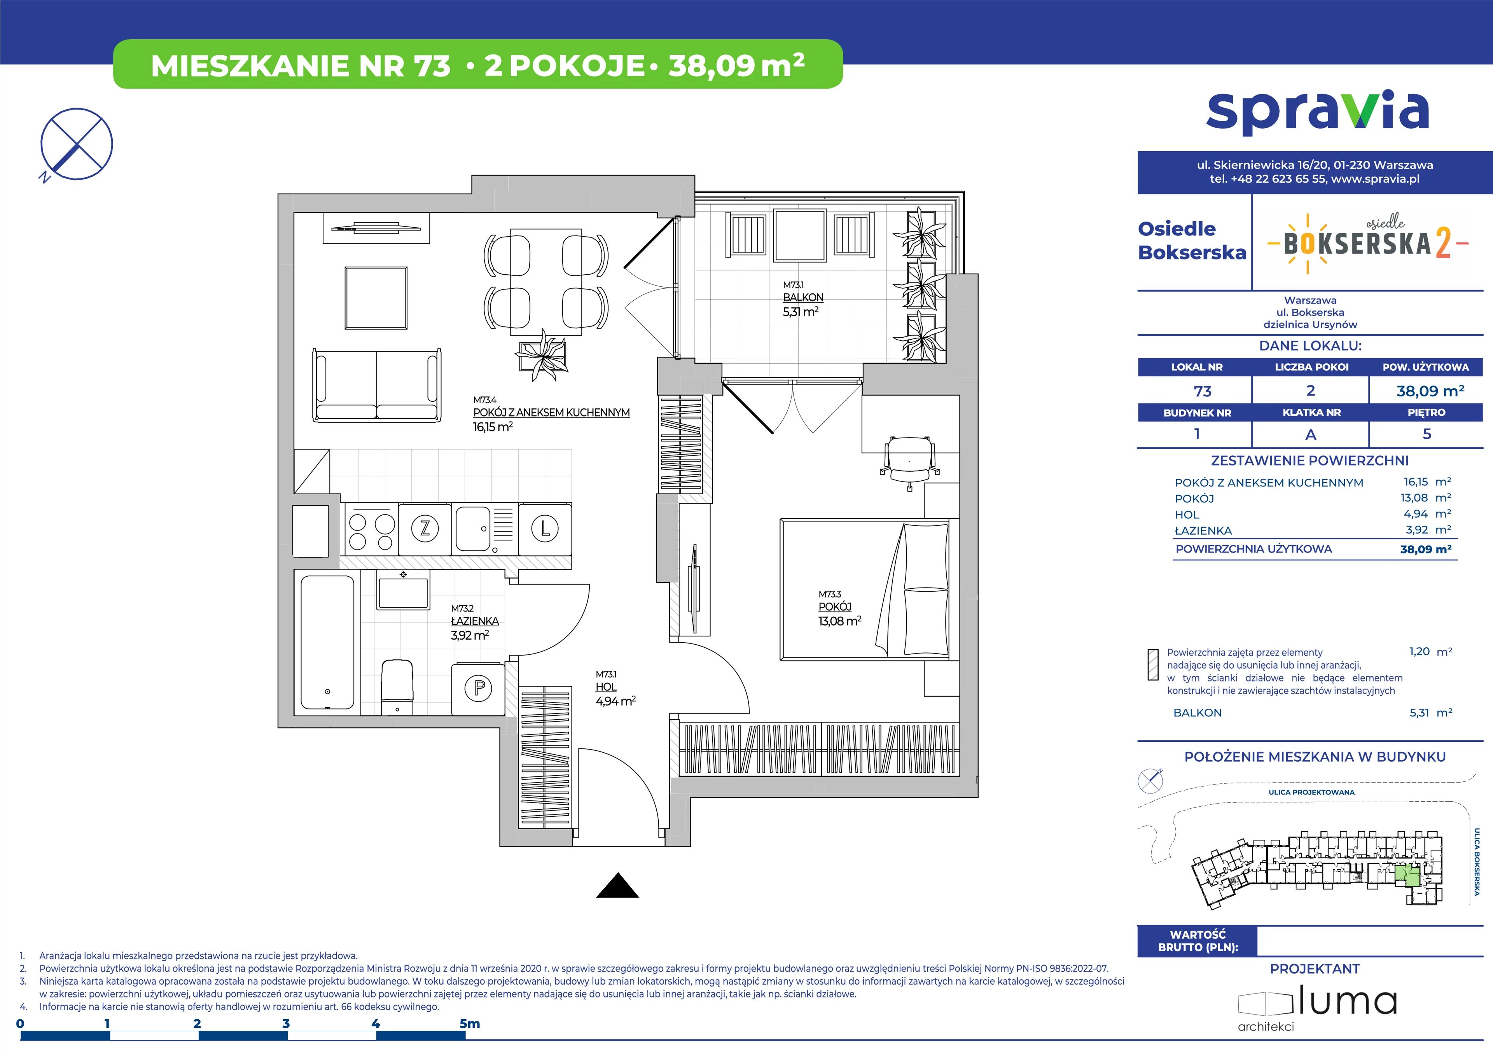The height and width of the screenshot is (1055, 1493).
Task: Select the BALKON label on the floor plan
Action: (x=803, y=297)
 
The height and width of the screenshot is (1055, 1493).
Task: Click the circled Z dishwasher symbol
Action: (x=425, y=528)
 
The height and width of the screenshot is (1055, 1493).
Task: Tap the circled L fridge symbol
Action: (x=545, y=528)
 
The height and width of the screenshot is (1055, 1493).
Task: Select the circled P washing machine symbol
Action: (x=479, y=688)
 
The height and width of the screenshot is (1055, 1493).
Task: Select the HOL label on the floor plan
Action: (x=606, y=687)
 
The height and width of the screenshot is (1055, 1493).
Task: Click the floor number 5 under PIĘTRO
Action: (x=1427, y=434)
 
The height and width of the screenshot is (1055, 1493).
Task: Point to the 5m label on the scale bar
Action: (x=470, y=1023)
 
